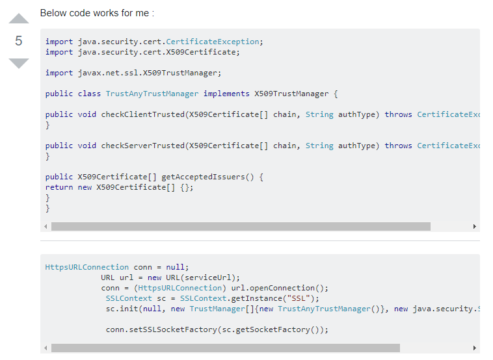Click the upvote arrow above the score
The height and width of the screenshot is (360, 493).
pyautogui.click(x=19, y=19)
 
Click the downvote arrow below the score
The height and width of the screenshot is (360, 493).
pyautogui.click(x=19, y=63)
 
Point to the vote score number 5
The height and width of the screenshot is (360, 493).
pyautogui.click(x=19, y=41)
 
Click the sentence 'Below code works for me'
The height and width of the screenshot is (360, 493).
pyautogui.click(x=97, y=13)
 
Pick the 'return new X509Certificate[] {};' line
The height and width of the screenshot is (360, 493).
pyautogui.click(x=120, y=187)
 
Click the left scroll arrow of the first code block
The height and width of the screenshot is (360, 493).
pyautogui.click(x=46, y=227)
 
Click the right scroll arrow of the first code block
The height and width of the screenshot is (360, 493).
pyautogui.click(x=475, y=227)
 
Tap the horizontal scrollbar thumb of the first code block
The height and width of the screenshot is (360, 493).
pyautogui.click(x=241, y=227)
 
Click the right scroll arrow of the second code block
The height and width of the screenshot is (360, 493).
pyautogui.click(x=475, y=348)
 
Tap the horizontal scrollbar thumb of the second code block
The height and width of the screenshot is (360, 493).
pyautogui.click(x=225, y=348)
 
